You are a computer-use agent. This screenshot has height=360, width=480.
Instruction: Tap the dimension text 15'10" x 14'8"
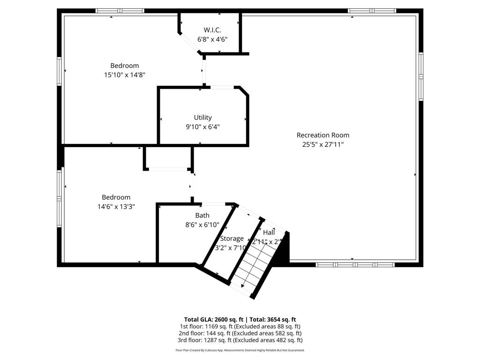(125, 75)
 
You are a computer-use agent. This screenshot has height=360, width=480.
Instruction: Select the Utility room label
(202, 117)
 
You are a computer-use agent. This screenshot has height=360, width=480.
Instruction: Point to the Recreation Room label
(322, 135)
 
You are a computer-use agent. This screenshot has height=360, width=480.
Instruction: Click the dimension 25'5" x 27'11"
(322, 144)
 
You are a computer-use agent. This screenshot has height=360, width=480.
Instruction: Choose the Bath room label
(202, 216)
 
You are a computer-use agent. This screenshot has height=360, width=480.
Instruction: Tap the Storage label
(232, 239)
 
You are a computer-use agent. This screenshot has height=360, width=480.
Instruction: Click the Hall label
(269, 232)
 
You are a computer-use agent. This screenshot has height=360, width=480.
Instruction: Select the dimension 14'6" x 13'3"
(116, 206)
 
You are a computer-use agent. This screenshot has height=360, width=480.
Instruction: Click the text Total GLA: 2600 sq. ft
(213, 319)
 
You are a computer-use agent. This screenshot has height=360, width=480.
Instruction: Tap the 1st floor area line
(240, 326)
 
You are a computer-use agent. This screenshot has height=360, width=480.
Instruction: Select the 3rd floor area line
(240, 340)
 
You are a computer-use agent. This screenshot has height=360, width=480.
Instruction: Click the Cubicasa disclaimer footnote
(240, 350)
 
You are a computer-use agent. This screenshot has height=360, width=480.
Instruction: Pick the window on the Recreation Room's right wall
(420, 76)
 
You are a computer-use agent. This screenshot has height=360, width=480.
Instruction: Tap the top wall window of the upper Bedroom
(120, 11)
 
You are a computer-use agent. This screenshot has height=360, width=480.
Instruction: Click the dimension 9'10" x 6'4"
(202, 127)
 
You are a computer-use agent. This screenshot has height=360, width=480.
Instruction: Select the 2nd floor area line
(240, 333)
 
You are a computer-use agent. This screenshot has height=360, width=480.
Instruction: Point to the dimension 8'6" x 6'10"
(202, 225)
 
